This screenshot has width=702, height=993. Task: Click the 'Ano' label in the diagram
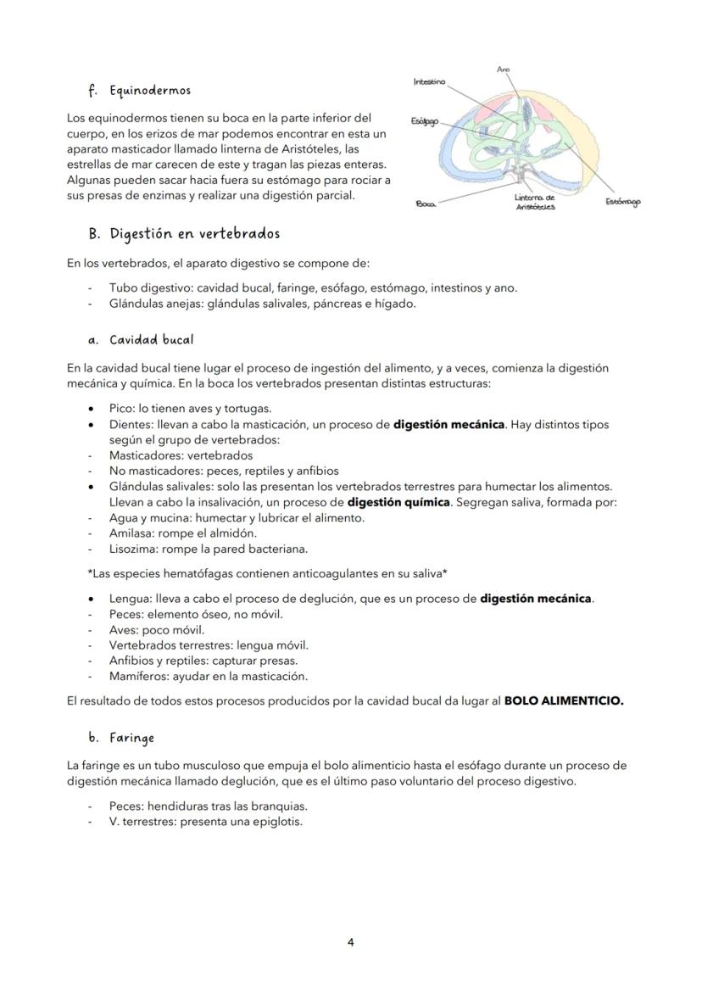[x=504, y=69]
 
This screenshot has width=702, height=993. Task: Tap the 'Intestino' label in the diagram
[x=429, y=81]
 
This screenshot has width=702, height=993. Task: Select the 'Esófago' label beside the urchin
[x=424, y=121]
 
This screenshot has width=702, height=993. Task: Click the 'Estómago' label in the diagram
[x=623, y=201]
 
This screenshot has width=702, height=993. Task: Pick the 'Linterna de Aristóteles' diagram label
[x=535, y=202]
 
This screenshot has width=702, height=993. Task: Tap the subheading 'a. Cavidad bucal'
[x=141, y=340]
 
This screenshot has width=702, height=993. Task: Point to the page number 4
[x=350, y=942]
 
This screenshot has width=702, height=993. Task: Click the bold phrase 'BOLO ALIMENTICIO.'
[x=563, y=701]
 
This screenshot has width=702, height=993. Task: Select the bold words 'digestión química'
[x=398, y=502]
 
